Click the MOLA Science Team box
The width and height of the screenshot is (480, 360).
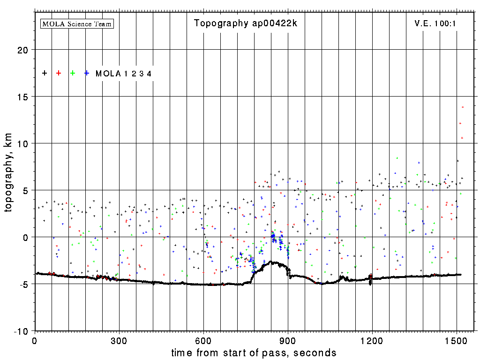77,23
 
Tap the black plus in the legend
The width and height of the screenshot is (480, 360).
45,73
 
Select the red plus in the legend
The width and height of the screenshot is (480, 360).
59,73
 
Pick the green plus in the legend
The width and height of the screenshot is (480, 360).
73,73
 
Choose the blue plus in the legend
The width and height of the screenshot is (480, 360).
87,73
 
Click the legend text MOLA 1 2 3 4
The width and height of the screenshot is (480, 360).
123,74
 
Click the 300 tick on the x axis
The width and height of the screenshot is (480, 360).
119,340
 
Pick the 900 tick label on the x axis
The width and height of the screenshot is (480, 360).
288,340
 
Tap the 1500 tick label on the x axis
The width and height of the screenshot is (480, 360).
457,340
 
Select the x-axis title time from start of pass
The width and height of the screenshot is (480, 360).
254,352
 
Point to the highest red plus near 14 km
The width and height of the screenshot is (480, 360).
463,107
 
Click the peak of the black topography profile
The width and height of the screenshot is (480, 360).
271,262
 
